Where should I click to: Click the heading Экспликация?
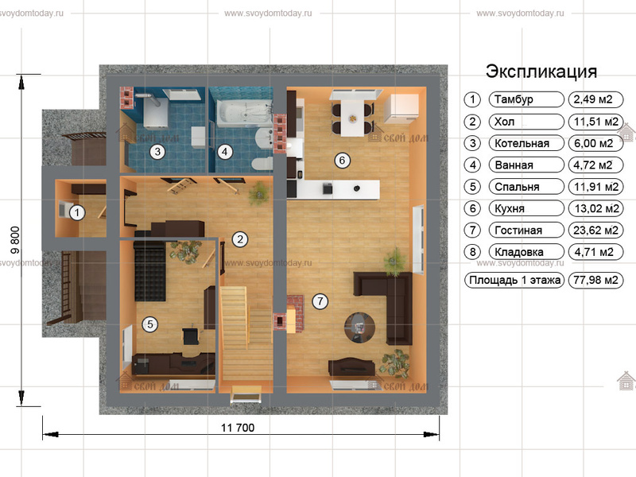pyautogui.click(x=541, y=72)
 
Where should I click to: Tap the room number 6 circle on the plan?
pyautogui.click(x=342, y=161)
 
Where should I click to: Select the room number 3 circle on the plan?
pyautogui.click(x=157, y=152)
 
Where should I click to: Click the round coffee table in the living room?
pyautogui.click(x=359, y=328)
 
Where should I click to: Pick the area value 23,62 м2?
pyautogui.click(x=595, y=231)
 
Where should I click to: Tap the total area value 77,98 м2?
pyautogui.click(x=595, y=280)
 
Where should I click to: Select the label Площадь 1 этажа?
pyautogui.click(x=514, y=280)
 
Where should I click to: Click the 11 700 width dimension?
pyautogui.click(x=238, y=428)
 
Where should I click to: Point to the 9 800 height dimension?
pyautogui.click(x=15, y=240)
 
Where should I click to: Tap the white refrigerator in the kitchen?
pyautogui.click(x=401, y=108)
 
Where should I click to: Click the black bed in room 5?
pyautogui.click(x=149, y=271)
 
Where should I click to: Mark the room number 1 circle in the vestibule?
pyautogui.click(x=77, y=212)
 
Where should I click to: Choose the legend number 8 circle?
pyautogui.click(x=472, y=252)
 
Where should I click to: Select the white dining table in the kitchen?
pyautogui.click(x=352, y=118)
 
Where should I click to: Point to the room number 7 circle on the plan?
pyautogui.click(x=320, y=301)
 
